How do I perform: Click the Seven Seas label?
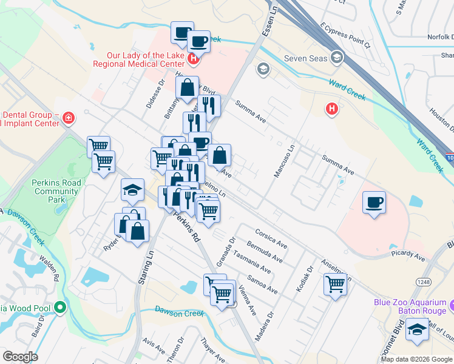click(x=305, y=59)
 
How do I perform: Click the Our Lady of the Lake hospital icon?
click(x=193, y=59)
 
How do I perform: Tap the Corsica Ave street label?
click(x=271, y=237)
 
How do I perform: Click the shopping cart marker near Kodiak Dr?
click(x=335, y=284)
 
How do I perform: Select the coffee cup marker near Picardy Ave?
click(x=374, y=202)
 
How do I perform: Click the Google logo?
click(x=20, y=356)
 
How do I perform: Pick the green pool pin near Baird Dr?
click(x=59, y=308)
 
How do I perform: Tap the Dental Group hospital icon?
click(x=68, y=118)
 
